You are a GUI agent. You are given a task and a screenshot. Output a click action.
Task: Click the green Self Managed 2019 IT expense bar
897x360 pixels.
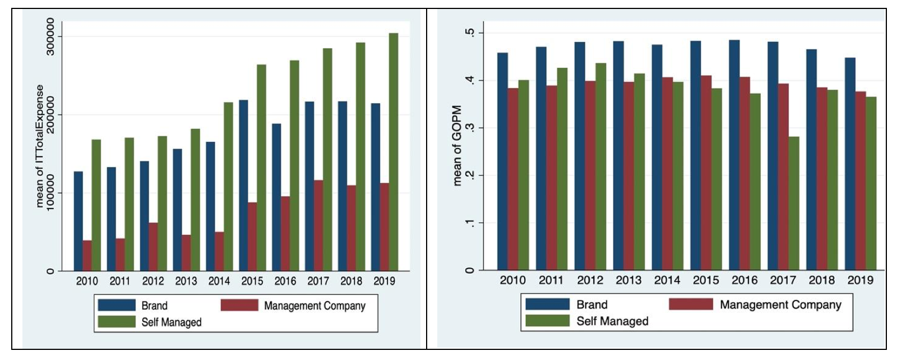coord(394,151)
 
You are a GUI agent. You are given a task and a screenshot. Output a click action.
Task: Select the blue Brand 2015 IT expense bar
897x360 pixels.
coord(243,185)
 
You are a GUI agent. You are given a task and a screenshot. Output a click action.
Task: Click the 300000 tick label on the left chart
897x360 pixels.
coord(50,36)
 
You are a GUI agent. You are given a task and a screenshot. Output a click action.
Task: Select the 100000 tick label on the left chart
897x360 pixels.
coord(50,193)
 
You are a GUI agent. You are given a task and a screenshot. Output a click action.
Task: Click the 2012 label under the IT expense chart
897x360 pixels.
coord(153,281)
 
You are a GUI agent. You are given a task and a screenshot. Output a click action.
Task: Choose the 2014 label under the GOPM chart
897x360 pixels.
coord(667,280)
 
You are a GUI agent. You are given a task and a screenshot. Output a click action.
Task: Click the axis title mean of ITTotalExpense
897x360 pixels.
coord(39,146)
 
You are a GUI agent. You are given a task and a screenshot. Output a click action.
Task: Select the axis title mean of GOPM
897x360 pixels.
coord(457,145)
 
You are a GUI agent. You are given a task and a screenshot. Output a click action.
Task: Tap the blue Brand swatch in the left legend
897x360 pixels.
coord(117,305)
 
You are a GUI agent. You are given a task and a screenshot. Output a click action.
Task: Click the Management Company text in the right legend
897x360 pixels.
coord(780,304)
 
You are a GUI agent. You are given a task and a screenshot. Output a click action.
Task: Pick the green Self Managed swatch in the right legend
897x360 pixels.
coord(547,321)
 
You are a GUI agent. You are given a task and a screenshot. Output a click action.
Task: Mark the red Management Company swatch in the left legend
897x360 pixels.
coord(239,305)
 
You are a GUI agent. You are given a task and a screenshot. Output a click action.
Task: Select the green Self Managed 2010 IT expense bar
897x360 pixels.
coord(96,205)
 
